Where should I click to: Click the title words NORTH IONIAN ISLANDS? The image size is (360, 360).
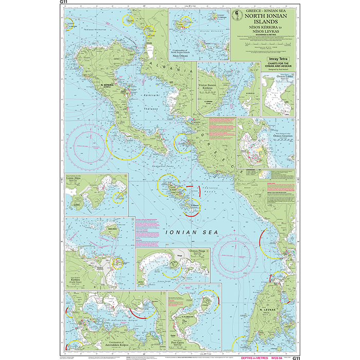coord(262,19)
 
